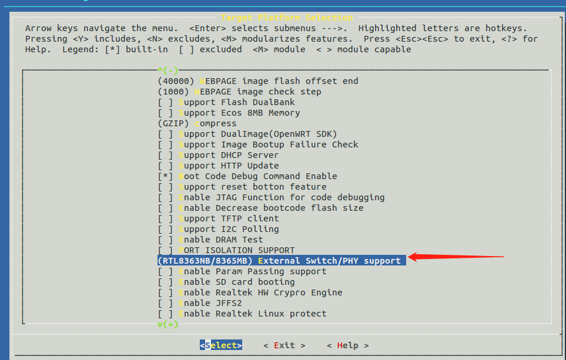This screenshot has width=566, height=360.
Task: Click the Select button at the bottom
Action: (x=220, y=345)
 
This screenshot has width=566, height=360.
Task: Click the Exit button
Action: (x=284, y=345)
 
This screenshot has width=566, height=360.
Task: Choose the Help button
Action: (x=347, y=345)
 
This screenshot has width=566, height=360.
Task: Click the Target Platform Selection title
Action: (x=287, y=18)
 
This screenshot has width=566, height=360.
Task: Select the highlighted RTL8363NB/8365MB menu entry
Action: (x=282, y=261)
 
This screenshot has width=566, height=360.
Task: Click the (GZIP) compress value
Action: (x=173, y=123)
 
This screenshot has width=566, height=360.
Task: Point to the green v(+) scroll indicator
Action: (x=168, y=324)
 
